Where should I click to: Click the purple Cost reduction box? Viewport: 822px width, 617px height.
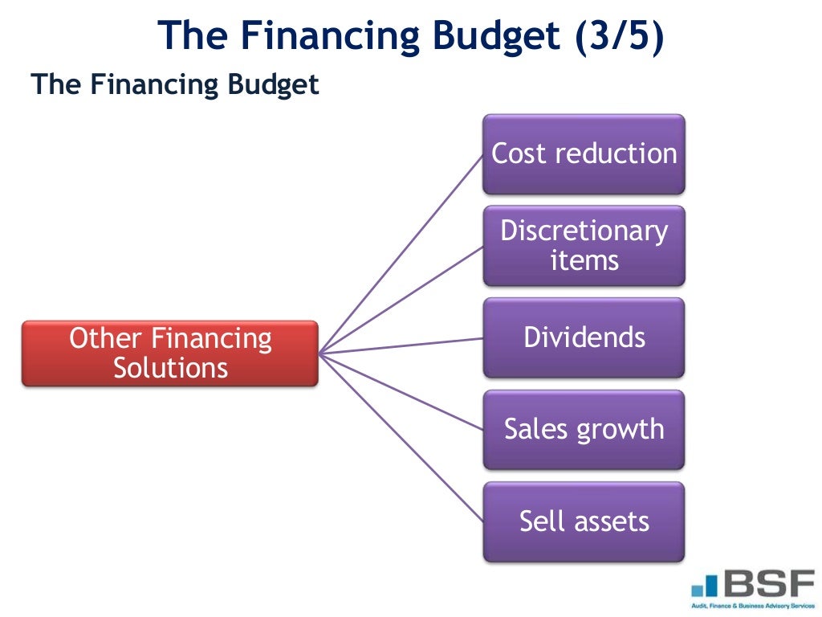pyautogui.click(x=584, y=154)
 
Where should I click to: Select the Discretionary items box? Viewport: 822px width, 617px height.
pyautogui.click(x=584, y=246)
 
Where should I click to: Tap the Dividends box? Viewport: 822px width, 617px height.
pyautogui.click(x=584, y=337)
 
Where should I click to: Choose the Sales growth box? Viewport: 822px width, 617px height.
pyautogui.click(x=584, y=430)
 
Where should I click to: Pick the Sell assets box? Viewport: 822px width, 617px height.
pyautogui.click(x=584, y=521)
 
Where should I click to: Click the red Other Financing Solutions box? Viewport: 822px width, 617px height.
pyautogui.click(x=170, y=353)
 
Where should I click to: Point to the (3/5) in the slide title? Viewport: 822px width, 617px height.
pyautogui.click(x=619, y=37)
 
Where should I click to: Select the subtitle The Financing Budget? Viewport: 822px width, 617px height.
pyautogui.click(x=175, y=84)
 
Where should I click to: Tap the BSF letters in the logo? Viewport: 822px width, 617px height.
pyautogui.click(x=767, y=582)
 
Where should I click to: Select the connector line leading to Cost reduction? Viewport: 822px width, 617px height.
pyautogui.click(x=401, y=253)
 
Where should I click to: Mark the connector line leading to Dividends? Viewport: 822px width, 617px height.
pyautogui.click(x=401, y=345)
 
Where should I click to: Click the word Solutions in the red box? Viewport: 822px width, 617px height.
pyautogui.click(x=170, y=369)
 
